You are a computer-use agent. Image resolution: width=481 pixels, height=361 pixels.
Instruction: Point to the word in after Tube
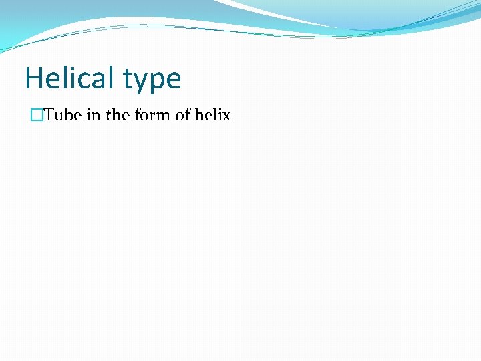[94, 115]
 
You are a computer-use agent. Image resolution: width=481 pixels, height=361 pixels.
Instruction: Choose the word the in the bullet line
[118, 115]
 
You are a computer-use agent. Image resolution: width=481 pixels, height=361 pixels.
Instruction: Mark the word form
[152, 115]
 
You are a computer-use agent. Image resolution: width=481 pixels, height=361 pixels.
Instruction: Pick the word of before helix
[183, 115]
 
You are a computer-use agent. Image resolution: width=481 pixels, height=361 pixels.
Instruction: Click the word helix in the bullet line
[212, 115]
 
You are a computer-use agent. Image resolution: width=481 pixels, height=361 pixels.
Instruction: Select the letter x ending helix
[226, 116]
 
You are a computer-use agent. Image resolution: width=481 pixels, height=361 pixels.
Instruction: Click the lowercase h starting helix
[199, 115]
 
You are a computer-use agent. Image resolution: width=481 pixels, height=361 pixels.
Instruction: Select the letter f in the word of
[188, 115]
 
